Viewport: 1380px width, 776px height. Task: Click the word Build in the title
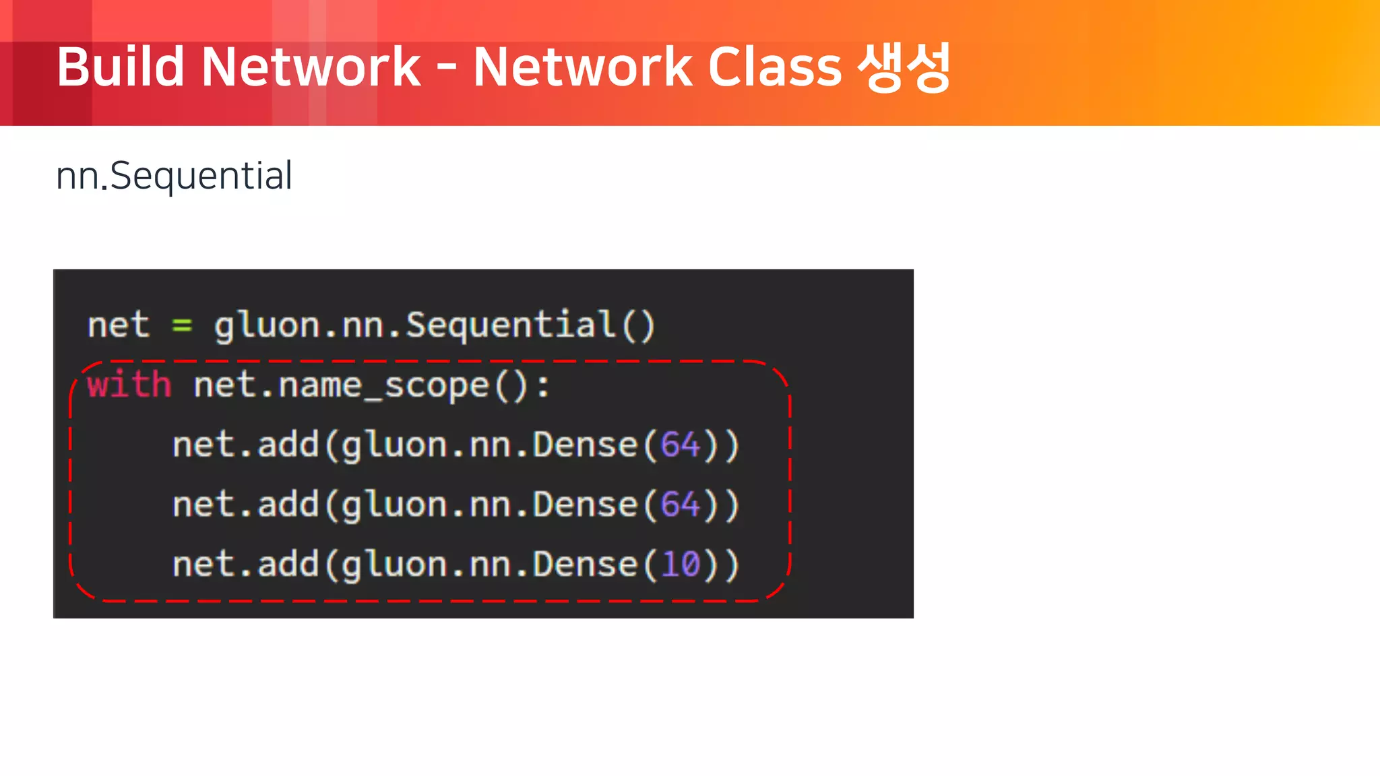[x=120, y=67]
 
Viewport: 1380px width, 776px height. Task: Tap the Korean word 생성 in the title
[x=904, y=67]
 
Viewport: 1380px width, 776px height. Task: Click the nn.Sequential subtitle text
[x=174, y=176]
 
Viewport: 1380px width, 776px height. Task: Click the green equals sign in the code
[x=182, y=325]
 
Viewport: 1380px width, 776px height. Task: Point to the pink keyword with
[x=129, y=385]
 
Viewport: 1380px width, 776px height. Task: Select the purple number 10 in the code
[x=681, y=564]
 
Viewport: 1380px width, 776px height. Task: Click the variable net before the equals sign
[x=118, y=325]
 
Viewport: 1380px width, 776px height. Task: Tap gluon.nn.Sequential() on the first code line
[x=435, y=325]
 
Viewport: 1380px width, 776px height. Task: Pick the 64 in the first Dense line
[x=681, y=445]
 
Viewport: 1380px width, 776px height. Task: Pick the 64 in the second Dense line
[x=681, y=505]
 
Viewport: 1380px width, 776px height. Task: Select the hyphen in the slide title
[x=446, y=69]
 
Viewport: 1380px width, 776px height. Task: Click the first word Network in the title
[x=311, y=67]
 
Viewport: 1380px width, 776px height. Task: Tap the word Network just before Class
[x=583, y=67]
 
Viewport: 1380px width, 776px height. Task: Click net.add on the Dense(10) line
[x=245, y=564]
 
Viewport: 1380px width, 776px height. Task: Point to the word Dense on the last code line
[x=585, y=564]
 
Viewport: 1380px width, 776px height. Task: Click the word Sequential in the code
[x=511, y=325]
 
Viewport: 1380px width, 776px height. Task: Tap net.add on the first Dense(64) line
[x=245, y=445]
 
